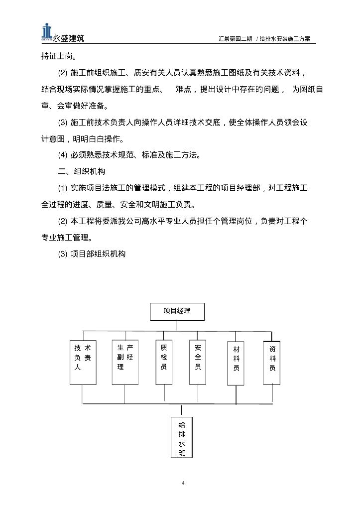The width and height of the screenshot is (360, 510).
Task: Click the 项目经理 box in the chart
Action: tap(177, 311)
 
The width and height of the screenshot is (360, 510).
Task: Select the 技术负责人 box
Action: tap(83, 362)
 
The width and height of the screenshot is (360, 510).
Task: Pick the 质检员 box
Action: tap(164, 362)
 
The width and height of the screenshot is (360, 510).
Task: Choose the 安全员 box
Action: tap(198, 362)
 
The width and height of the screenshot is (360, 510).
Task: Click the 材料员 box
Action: tap(236, 362)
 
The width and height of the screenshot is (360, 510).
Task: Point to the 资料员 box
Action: tap(272, 362)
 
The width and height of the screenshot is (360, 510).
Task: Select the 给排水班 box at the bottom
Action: tap(182, 438)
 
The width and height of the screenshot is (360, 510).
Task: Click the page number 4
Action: tap(183, 483)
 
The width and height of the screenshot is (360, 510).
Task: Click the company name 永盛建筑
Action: tap(68, 38)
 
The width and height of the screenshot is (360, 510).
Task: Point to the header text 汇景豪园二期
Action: tap(235, 39)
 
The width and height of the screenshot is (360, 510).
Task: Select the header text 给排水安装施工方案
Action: tap(284, 39)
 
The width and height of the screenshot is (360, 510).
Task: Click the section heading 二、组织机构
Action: tap(82, 171)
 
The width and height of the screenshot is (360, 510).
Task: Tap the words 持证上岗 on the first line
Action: tap(57, 57)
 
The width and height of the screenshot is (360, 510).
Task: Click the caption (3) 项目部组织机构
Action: tap(92, 254)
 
